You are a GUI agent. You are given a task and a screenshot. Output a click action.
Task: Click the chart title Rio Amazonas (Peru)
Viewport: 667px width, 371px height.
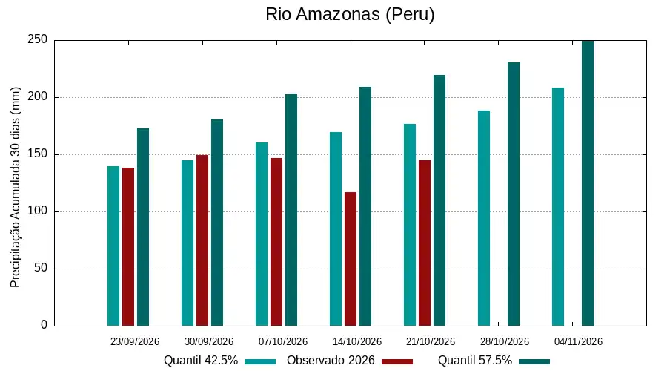(350, 14)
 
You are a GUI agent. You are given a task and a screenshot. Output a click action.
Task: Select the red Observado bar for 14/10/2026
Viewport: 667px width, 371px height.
(351, 259)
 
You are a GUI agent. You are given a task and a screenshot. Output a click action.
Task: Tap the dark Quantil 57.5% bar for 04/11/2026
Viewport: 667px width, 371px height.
(588, 183)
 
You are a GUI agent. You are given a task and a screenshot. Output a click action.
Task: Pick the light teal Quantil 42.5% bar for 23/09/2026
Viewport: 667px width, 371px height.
(113, 246)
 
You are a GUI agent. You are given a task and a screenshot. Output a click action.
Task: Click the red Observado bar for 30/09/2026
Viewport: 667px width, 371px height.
(202, 240)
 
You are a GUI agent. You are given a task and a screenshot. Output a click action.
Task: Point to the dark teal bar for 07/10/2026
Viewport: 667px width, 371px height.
(291, 210)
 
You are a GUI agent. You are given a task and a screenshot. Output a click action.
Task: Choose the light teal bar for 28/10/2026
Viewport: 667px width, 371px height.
(484, 218)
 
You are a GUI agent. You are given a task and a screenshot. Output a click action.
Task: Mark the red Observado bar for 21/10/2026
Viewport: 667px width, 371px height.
(425, 243)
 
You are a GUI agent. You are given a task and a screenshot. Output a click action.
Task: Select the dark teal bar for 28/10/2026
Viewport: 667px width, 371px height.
(514, 194)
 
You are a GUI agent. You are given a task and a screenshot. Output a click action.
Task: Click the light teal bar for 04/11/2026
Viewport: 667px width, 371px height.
(557, 206)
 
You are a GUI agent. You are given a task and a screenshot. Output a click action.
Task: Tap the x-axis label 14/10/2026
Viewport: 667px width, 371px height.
(357, 341)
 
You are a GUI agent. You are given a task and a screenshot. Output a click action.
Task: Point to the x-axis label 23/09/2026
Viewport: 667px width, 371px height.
(134, 341)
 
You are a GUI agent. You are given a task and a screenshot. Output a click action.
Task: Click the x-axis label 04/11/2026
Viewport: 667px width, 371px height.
(578, 341)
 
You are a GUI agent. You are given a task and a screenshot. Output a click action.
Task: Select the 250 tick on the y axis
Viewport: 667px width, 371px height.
(38, 39)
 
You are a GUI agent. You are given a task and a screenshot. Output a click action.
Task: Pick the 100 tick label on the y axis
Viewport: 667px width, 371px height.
(38, 211)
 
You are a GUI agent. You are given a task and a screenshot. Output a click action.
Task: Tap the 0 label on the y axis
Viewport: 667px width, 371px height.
(44, 325)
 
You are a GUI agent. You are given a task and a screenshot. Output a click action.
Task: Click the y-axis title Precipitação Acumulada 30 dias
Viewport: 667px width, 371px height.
(16, 187)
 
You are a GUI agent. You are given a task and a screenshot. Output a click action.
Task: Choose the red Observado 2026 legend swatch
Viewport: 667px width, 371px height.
(397, 361)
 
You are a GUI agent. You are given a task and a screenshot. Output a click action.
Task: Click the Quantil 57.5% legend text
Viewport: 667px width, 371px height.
(475, 361)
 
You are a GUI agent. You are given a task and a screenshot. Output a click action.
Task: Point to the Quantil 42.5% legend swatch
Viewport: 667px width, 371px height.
(260, 361)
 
